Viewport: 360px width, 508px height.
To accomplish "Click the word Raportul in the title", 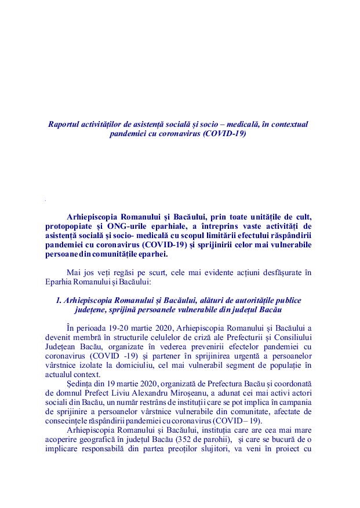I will tap(65, 124).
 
